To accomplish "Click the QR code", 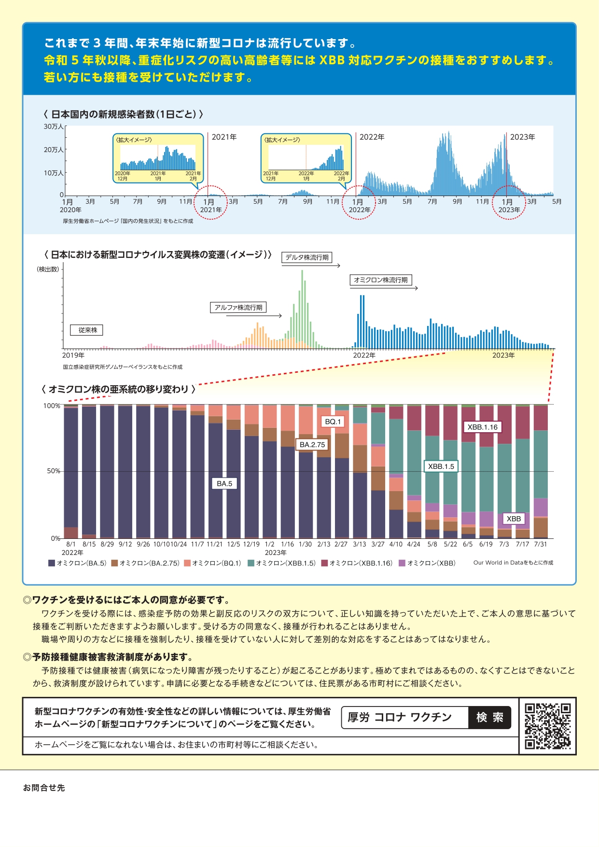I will click(x=547, y=726).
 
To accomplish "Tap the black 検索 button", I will click(x=489, y=718).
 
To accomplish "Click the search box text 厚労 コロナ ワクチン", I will click(x=400, y=718).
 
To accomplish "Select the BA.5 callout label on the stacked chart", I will click(x=224, y=483).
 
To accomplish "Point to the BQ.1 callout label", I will click(x=333, y=422).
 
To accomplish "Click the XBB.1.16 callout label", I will click(x=482, y=427).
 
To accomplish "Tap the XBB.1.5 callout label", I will click(x=441, y=466).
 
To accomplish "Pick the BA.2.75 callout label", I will click(x=312, y=444).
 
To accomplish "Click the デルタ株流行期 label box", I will click(x=307, y=257).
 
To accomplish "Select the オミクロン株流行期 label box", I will click(x=381, y=280).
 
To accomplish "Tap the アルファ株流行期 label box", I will click(x=238, y=308).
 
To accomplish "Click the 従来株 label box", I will click(x=87, y=330).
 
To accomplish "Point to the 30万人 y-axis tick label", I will click(x=54, y=127).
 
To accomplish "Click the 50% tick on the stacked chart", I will click(x=54, y=471).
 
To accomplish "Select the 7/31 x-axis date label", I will click(x=541, y=544).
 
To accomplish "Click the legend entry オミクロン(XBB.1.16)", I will click(x=357, y=563).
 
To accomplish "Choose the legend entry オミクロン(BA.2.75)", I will click(x=146, y=563).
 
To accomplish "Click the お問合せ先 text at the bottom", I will click(x=44, y=788).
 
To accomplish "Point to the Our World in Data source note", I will click(x=513, y=563).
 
